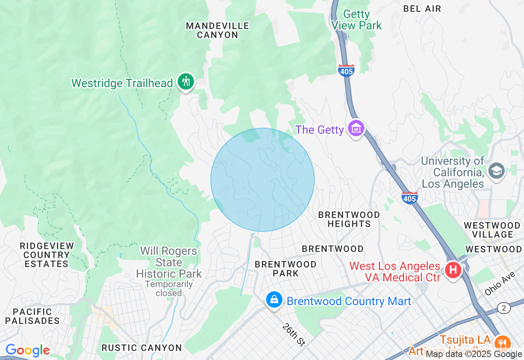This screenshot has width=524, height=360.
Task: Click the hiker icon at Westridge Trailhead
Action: pyautogui.click(x=186, y=81)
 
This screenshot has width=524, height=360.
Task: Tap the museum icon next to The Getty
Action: pyautogui.click(x=356, y=129)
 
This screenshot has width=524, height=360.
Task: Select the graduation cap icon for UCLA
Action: pyautogui.click(x=497, y=171)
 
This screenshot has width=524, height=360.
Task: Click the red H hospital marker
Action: pyautogui.click(x=453, y=270)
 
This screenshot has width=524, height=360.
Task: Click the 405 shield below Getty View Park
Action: pyautogui.click(x=346, y=71)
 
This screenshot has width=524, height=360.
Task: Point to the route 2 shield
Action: pyautogui.click(x=504, y=308)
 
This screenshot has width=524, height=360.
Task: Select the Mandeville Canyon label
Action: pyautogui.click(x=217, y=30)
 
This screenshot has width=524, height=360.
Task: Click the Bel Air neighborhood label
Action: pyautogui.click(x=422, y=9)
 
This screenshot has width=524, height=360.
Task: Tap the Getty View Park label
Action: pyautogui.click(x=357, y=20)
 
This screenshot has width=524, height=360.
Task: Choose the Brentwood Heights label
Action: pyautogui.click(x=349, y=219)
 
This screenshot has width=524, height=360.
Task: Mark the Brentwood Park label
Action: pyautogui.click(x=285, y=269)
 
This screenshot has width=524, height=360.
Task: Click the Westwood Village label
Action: pyautogui.click(x=492, y=230)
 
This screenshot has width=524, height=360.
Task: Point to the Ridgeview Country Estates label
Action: pyautogui.click(x=47, y=255)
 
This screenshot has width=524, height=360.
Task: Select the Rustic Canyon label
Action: pyautogui.click(x=142, y=348)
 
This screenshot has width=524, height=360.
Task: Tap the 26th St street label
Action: pyautogui.click(x=294, y=335)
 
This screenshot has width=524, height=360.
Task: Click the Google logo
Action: pyautogui.click(x=27, y=350)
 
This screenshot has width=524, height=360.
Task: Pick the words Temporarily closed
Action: pyautogui.click(x=169, y=288)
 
